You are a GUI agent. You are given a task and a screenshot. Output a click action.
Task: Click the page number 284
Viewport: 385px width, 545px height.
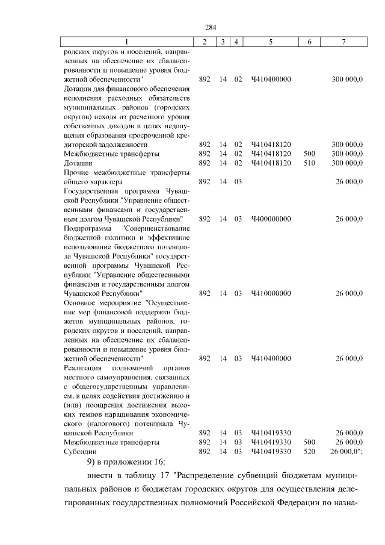pos(211,27)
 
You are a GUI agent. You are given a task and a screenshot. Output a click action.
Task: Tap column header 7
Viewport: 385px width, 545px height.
pos(343,42)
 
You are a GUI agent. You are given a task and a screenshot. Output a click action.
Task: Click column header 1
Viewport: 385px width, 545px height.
pos(126,42)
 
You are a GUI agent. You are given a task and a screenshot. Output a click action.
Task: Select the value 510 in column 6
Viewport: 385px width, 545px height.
pos(310,163)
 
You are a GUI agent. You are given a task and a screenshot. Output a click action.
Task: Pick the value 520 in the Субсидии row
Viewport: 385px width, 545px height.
pos(310,451)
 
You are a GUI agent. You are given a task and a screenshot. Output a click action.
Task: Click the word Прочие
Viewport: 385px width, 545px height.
pos(76,172)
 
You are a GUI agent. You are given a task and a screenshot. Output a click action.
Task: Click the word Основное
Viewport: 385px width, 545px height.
pos(81,303)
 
